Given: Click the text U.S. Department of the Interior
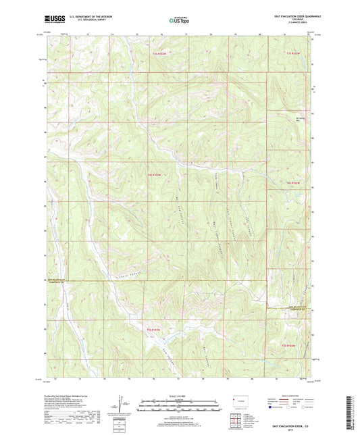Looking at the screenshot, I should pyautogui.click(x=86, y=16).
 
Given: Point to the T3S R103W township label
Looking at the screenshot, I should pyautogui.click(x=159, y=53).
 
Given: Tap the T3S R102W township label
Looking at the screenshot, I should pyautogui.click(x=291, y=53).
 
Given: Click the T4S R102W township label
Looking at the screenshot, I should pyautogui.click(x=291, y=183).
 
